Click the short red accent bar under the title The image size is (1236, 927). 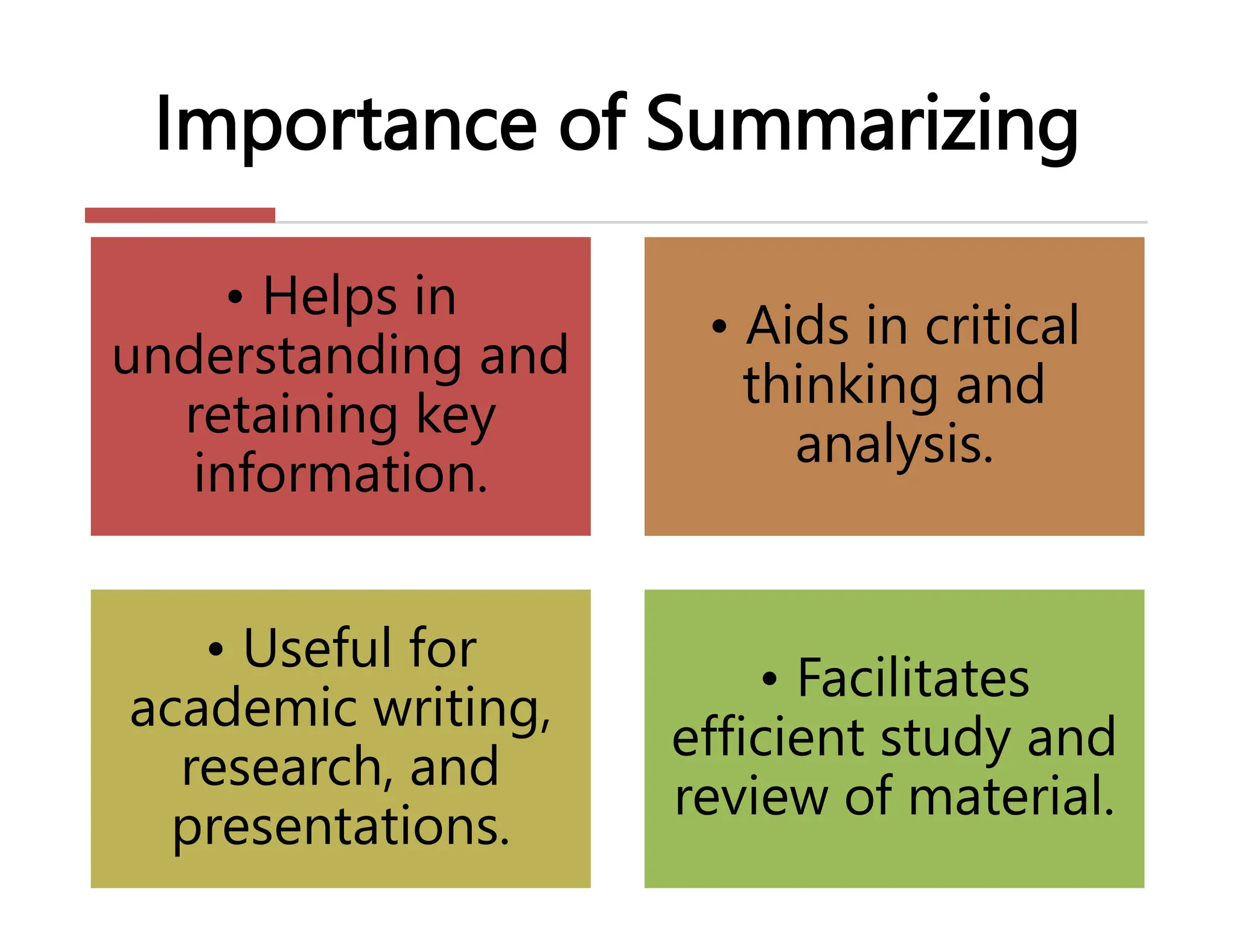coord(180,215)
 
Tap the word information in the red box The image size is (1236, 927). coord(341,473)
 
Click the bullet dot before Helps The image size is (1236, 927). coord(235,297)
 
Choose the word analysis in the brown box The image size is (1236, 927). coord(894,444)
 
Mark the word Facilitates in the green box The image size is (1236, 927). coord(913,678)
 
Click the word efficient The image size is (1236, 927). coord(769,737)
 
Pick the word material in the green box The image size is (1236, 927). coord(1011,797)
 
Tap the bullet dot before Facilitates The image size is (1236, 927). coord(769,680)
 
